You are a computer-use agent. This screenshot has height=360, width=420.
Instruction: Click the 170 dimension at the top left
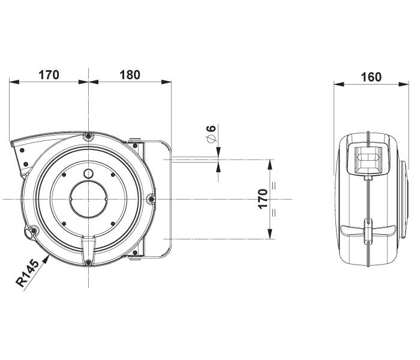coord(49,75)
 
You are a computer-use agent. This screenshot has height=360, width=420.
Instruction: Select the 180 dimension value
coord(130,75)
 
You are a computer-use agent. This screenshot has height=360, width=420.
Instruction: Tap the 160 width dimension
coord(371,77)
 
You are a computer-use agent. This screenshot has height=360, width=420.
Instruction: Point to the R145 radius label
coord(28,274)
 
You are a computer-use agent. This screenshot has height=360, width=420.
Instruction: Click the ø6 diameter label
coord(211,134)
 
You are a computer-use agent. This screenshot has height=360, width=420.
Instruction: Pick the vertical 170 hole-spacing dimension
coord(262,199)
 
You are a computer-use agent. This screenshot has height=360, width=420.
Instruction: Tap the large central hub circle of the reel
coord(89,199)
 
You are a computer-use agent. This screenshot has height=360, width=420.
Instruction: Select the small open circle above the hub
coord(89,174)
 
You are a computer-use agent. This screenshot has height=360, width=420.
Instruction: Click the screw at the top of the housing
coord(89,136)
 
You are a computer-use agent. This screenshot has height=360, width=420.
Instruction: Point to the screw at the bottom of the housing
coord(89,261)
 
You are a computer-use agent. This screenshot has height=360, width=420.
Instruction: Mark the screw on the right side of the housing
coord(151,199)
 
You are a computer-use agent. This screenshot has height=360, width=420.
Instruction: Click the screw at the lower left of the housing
coord(34,231)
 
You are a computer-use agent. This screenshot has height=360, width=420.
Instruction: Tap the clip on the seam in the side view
coord(367,231)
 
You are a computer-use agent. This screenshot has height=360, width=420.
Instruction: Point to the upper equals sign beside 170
coord(274,185)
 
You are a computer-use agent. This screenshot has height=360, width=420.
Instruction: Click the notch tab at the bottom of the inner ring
coord(89,244)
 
